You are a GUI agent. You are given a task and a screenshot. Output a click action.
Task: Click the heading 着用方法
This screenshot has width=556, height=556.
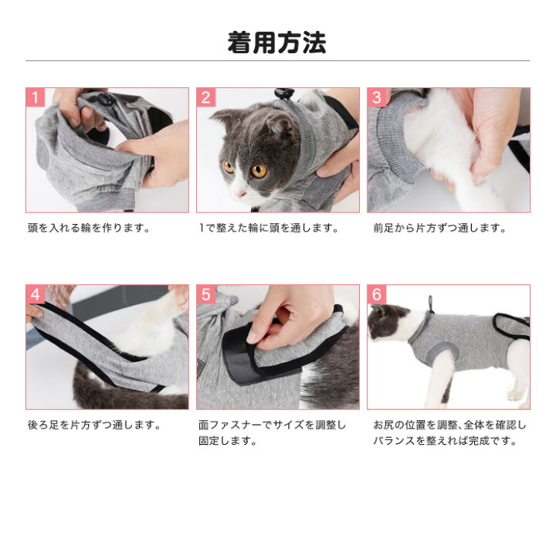[x=276, y=43]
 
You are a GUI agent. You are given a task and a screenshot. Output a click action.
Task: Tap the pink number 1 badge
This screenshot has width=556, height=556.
[x=36, y=97]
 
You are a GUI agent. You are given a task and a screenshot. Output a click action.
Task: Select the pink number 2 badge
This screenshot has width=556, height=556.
[x=206, y=97]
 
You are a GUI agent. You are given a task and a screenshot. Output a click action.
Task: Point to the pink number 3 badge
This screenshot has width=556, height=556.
[x=377, y=97]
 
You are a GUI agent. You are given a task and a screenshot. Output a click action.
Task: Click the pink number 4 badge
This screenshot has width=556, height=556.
[x=36, y=294]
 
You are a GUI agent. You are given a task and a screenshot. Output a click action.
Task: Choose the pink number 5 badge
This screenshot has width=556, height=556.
[x=206, y=294]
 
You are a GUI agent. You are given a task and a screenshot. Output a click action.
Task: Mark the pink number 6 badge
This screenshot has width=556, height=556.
[x=377, y=294]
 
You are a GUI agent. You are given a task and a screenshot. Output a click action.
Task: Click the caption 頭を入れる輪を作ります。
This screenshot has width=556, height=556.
[x=89, y=228]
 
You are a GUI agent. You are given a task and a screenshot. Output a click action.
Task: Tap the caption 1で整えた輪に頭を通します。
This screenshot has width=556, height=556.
[x=269, y=228]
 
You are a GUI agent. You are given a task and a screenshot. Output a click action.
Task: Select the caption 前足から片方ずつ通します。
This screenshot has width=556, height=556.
[x=439, y=228]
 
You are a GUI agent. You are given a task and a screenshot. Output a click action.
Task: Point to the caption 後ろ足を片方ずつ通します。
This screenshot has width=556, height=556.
[x=95, y=425]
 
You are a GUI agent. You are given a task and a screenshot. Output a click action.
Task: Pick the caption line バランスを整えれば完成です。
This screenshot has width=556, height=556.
[x=445, y=441]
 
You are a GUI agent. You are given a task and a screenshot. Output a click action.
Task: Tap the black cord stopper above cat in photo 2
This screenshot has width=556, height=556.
[x=284, y=93]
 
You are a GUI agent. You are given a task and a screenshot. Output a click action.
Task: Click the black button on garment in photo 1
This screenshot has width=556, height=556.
[x=103, y=98]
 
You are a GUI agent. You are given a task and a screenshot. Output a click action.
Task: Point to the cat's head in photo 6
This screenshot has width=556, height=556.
[x=386, y=321]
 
